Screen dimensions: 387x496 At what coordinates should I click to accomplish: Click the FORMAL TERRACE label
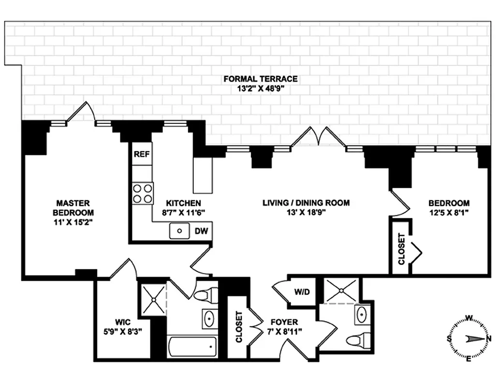point(260,79)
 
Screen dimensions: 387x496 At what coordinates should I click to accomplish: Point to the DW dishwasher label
point(201,232)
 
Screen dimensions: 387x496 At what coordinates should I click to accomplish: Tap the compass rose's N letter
point(488,338)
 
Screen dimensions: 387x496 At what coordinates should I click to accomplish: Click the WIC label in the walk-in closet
point(123,322)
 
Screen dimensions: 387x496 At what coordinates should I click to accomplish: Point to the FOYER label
point(284,322)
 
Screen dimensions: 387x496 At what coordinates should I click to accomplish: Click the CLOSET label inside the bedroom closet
point(401,249)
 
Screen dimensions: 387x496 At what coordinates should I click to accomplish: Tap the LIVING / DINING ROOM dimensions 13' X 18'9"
point(306,213)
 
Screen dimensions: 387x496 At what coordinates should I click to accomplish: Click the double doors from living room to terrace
point(318,137)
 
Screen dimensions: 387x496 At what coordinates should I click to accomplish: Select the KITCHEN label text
point(183,203)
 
